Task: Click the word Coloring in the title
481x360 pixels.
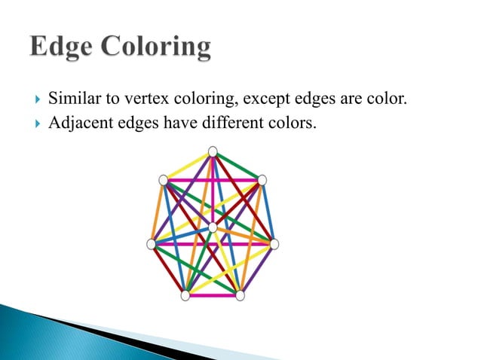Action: pos(158,48)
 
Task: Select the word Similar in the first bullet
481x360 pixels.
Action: pos(72,98)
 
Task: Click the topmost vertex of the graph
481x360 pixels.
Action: pos(213,151)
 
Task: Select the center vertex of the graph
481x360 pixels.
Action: pos(213,227)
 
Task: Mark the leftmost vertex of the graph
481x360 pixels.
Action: pos(151,244)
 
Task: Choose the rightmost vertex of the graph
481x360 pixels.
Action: pos(274,244)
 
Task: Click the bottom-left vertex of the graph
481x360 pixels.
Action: pos(185,296)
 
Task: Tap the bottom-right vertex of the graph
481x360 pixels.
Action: pos(240,296)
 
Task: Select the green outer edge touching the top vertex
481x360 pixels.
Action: pos(237,165)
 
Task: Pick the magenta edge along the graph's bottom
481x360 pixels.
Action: pos(213,296)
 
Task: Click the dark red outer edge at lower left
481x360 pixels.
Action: pos(167,270)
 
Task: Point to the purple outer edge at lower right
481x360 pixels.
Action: pos(257,270)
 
